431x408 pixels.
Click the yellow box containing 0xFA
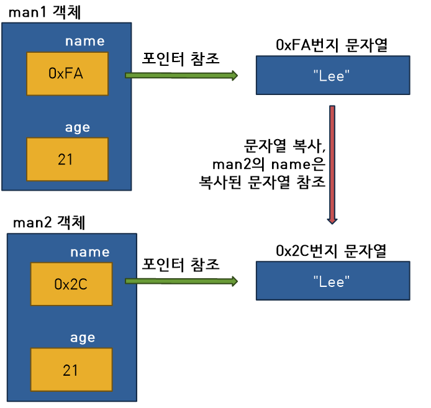click(x=67, y=73)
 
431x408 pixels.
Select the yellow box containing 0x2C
click(x=71, y=284)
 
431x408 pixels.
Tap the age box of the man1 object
click(x=67, y=159)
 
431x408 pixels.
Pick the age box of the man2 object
click(x=71, y=370)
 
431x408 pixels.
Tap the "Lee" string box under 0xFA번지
click(x=333, y=75)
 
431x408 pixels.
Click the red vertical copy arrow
click(x=333, y=165)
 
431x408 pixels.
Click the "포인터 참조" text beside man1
click(x=181, y=57)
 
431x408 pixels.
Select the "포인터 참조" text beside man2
click(x=181, y=263)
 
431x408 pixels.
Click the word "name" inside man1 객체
click(x=85, y=42)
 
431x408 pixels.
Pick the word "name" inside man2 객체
click(x=89, y=252)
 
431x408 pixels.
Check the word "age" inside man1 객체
click(x=78, y=128)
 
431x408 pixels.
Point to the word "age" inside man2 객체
click(x=83, y=338)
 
